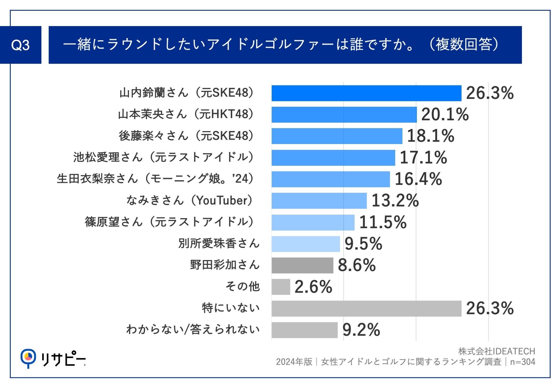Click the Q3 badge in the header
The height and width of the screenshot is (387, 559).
pyautogui.click(x=21, y=45)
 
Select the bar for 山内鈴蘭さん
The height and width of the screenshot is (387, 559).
pyautogui.click(x=366, y=93)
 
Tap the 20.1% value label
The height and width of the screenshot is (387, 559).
pyautogui.click(x=445, y=115)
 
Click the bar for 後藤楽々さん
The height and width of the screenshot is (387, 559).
pyautogui.click(x=336, y=136)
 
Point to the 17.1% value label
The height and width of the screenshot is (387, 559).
pyautogui.click(x=423, y=158)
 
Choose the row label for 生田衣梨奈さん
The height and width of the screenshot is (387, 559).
pyautogui.click(x=155, y=179)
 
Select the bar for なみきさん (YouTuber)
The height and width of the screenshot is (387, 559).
pyautogui.click(x=319, y=201)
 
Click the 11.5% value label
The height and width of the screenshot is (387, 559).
pyautogui.click(x=383, y=222)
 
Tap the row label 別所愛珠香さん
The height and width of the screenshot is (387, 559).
pyautogui.click(x=219, y=244)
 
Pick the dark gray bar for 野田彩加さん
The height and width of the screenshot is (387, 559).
pyautogui.click(x=302, y=265)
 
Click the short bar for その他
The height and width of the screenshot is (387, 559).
pyautogui.click(x=281, y=287)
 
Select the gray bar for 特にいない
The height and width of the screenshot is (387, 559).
pyautogui.click(x=366, y=308)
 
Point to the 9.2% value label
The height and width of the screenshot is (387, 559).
pyautogui.click(x=361, y=330)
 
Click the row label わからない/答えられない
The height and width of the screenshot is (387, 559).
pyautogui.click(x=193, y=330)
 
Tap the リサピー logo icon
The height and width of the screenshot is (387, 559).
pyautogui.click(x=28, y=358)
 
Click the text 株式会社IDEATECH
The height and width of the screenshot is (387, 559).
pyautogui.click(x=497, y=351)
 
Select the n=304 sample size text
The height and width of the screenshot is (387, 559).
pyautogui.click(x=523, y=362)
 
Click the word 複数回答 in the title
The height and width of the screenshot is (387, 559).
pyautogui.click(x=464, y=45)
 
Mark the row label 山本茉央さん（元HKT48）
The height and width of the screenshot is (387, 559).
pyautogui.click(x=186, y=115)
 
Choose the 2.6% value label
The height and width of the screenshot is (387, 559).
pyautogui.click(x=313, y=287)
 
